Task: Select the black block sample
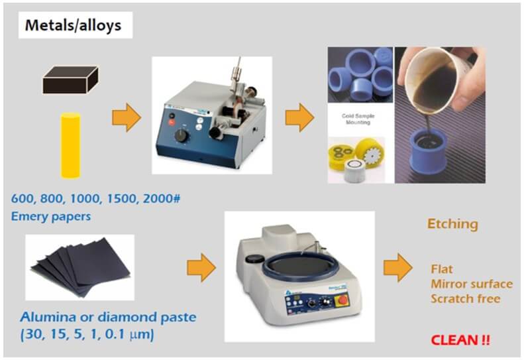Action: pyautogui.click(x=71, y=80)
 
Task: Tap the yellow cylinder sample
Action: pyautogui.click(x=70, y=145)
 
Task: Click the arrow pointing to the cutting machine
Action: pyautogui.click(x=127, y=117)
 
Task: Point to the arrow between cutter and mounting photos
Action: pyautogui.click(x=299, y=117)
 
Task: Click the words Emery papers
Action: pyautogui.click(x=51, y=215)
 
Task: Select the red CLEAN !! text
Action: pyautogui.click(x=460, y=340)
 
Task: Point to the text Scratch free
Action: pyautogui.click(x=466, y=298)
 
